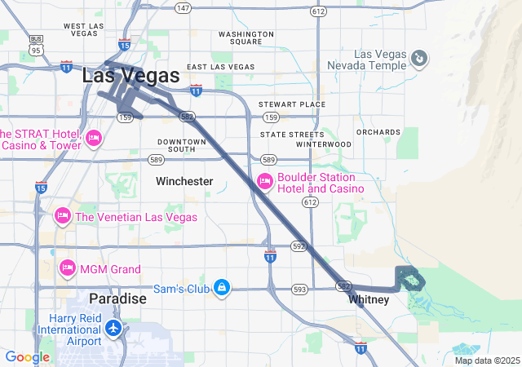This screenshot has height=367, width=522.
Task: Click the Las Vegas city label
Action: (x=130, y=75)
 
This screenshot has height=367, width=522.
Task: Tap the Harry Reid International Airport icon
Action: (x=113, y=328)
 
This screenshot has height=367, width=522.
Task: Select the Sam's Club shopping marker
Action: (x=222, y=288)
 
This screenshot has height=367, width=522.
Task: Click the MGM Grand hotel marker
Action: (x=68, y=268)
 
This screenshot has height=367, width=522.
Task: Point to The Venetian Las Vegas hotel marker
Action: (x=63, y=216)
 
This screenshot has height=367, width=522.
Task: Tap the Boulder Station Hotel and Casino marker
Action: (x=264, y=182)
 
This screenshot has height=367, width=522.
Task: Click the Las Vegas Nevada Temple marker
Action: (x=418, y=57)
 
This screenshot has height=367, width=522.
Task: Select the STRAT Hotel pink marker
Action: (x=92, y=138)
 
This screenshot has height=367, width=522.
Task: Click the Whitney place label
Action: (x=369, y=300)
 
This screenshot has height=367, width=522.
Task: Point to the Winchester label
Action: (x=184, y=181)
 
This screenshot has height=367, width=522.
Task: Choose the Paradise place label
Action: (x=117, y=298)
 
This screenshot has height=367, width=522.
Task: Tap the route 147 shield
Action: (x=183, y=8)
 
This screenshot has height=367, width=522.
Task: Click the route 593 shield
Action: (x=299, y=289)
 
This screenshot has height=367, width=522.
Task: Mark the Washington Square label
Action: (x=246, y=38)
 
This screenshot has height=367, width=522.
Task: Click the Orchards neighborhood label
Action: (x=378, y=131)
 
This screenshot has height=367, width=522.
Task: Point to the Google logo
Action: (x=27, y=357)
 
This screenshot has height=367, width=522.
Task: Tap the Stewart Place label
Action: (x=291, y=104)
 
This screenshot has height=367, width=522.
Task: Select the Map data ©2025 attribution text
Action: (x=487, y=360)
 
